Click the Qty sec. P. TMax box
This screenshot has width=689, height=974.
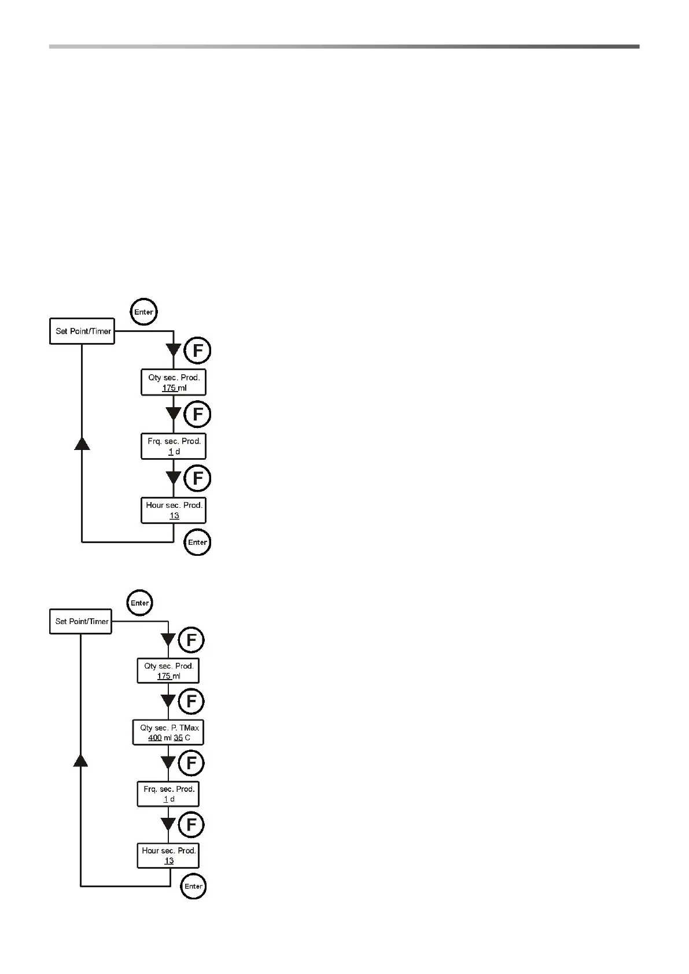(x=168, y=732)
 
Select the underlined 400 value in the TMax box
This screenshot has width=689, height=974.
(x=155, y=738)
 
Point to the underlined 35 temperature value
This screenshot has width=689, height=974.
(x=178, y=738)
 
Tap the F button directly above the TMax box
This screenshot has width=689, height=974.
(x=191, y=702)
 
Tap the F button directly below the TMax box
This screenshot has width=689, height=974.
(x=191, y=763)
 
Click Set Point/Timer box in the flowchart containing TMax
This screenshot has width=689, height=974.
(x=81, y=621)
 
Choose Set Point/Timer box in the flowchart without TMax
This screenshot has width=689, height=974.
(x=82, y=331)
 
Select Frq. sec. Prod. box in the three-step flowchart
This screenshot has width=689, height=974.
(x=174, y=446)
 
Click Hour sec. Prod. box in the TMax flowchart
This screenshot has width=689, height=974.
(x=168, y=855)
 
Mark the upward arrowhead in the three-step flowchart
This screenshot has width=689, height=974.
(x=82, y=444)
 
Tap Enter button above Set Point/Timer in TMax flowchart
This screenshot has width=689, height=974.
(x=140, y=603)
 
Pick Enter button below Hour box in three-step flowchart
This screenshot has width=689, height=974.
(x=197, y=543)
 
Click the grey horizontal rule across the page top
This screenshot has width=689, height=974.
(x=344, y=46)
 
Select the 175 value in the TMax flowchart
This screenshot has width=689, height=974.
(x=164, y=676)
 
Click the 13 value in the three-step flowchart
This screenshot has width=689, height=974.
(x=174, y=516)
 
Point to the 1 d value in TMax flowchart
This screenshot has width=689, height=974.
(x=168, y=799)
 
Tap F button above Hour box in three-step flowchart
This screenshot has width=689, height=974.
(x=197, y=478)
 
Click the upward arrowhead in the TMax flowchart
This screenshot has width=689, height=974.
(x=80, y=759)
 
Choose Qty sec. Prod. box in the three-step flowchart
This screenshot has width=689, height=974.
(x=174, y=382)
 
